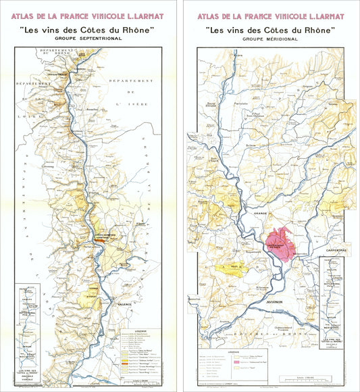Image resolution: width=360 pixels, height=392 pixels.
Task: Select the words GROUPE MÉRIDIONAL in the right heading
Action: tap(269, 39)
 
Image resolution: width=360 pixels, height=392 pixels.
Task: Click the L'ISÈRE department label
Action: tap(126, 103)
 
